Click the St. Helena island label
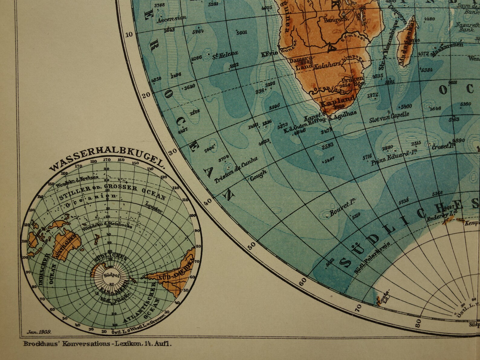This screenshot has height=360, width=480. (x=225, y=55)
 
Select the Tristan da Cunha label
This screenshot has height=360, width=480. (x=236, y=170)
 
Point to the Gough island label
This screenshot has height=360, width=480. (x=258, y=175)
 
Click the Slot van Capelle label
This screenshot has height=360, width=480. (x=389, y=117)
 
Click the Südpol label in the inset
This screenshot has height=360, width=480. (x=108, y=275)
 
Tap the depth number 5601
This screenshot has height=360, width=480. (x=242, y=32)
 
